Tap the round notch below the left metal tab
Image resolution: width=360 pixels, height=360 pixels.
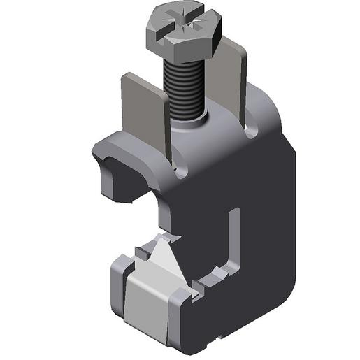[181, 171]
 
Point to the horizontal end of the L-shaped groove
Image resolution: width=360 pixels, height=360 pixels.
[213, 276]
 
